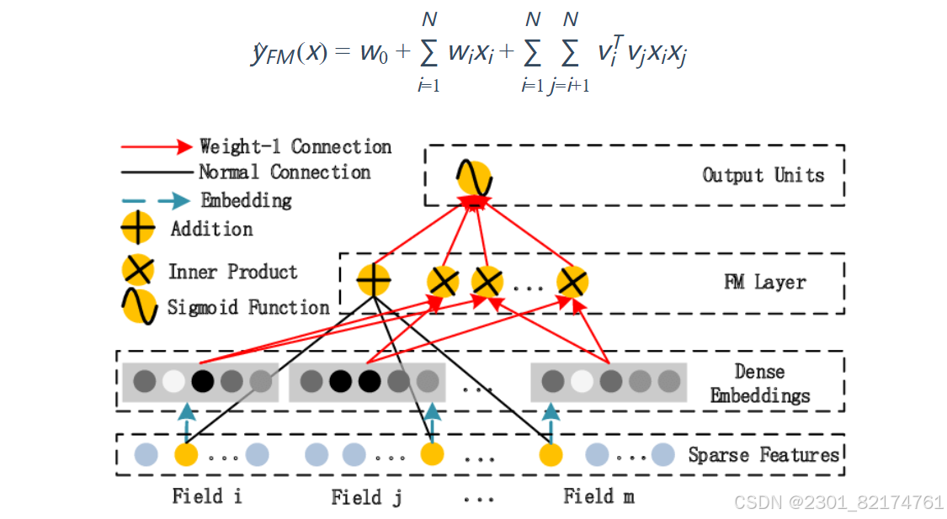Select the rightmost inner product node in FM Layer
(572, 282)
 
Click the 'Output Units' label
(763, 175)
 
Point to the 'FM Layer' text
(764, 282)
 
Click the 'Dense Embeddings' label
(760, 383)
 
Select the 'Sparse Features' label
(763, 455)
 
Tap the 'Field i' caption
(207, 495)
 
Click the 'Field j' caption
(366, 497)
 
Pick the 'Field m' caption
(599, 495)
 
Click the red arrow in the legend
(157, 147)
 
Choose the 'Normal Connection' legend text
(285, 172)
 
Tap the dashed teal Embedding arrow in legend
(157, 201)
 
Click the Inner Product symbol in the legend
(138, 271)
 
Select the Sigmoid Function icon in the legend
(138, 307)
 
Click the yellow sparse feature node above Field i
(185, 455)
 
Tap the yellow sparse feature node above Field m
(551, 455)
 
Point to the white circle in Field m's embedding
(581, 381)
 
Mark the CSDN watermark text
(838, 502)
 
